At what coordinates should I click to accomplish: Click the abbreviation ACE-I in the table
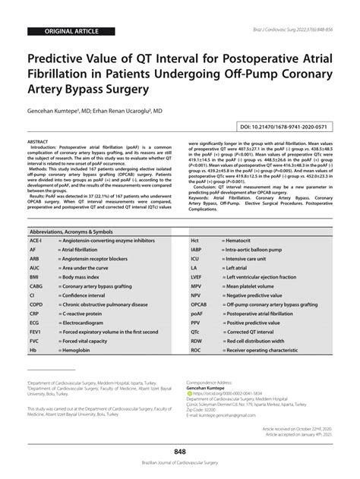point(36,218)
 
